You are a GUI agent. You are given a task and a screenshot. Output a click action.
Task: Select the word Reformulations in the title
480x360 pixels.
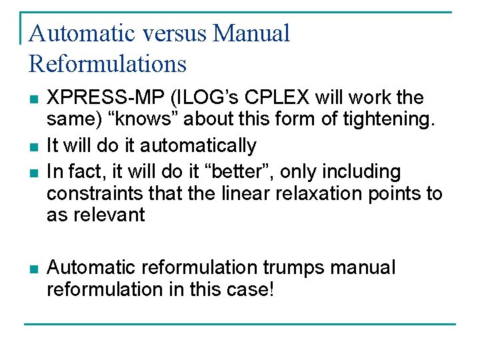point(107,63)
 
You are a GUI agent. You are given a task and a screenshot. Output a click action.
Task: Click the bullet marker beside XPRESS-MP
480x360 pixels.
point(33,99)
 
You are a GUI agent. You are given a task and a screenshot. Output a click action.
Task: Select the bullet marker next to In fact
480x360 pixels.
point(33,172)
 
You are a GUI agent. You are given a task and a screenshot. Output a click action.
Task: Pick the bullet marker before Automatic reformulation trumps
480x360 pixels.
point(33,269)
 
